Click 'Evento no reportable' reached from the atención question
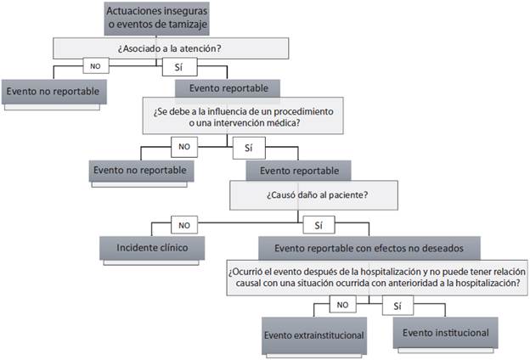click(53, 91)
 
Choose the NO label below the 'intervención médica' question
click(184, 146)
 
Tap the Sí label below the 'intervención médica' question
click(248, 148)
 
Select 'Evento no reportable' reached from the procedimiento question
click(141, 169)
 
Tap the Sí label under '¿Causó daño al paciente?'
click(318, 226)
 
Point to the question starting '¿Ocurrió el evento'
click(374, 277)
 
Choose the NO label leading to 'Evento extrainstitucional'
click(341, 304)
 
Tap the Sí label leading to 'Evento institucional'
click(398, 304)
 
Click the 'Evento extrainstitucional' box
click(314, 335)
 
